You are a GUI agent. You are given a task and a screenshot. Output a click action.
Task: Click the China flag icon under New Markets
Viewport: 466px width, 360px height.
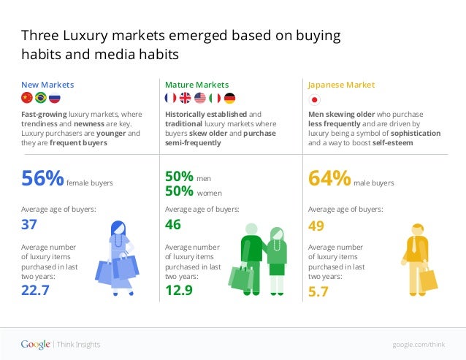[26, 99]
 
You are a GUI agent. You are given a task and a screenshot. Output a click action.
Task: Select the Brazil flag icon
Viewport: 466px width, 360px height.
[40, 99]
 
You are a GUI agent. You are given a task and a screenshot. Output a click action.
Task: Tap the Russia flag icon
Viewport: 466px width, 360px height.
[55, 99]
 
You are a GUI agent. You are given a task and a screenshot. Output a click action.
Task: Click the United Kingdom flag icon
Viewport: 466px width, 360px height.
[186, 99]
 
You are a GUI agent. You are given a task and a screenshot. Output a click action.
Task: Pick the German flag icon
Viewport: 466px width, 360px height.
[229, 99]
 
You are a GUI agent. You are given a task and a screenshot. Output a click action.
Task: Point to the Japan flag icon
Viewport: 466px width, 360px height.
[315, 99]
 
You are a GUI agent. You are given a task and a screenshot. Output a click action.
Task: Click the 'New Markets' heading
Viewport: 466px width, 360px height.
[47, 85]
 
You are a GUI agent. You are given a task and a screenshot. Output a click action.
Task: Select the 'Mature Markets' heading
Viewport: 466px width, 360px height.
[196, 85]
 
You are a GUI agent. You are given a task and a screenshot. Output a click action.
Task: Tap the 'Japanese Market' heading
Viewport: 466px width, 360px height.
[341, 85]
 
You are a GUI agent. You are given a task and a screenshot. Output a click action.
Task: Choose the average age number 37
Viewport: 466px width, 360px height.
[28, 225]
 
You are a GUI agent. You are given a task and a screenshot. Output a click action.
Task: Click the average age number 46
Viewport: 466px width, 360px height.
[173, 225]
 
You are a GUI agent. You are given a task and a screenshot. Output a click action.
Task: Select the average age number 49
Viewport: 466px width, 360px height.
[316, 225]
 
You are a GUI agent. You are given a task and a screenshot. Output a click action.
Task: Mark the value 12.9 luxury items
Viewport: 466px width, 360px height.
[179, 291]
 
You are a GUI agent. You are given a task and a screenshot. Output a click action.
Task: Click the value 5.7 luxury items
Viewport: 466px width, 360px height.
[318, 291]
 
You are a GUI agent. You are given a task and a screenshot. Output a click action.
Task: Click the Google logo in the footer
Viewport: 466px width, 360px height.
[35, 344]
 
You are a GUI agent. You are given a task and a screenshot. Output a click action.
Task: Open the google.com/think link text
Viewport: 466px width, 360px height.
[418, 345]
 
